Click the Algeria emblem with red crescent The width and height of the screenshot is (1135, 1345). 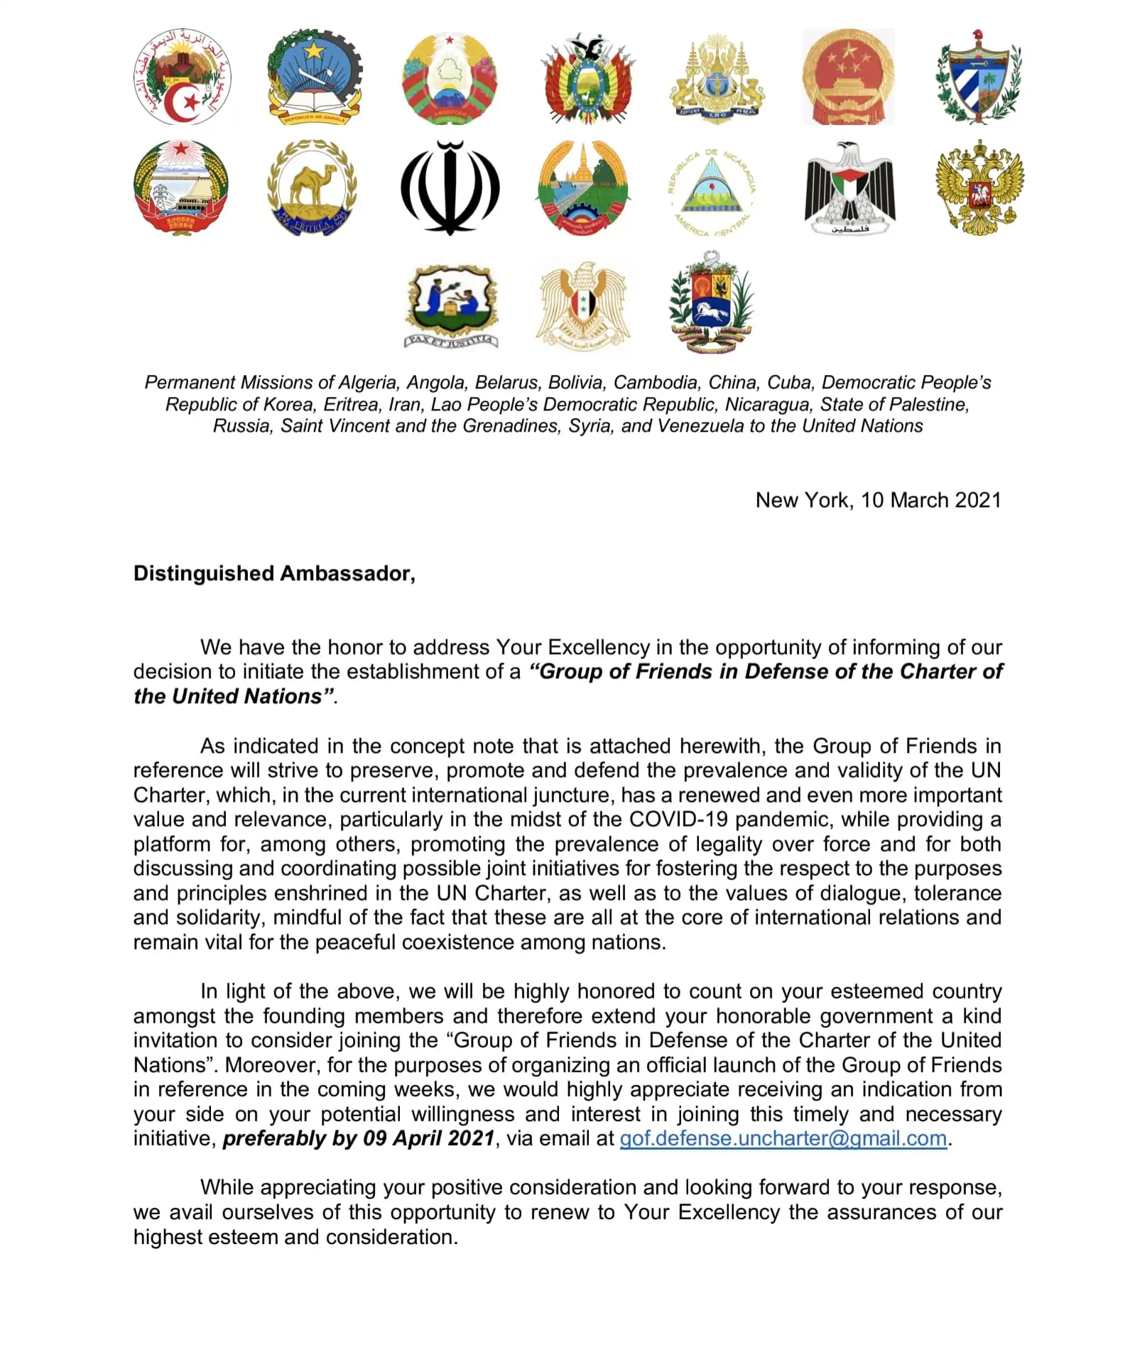(x=182, y=77)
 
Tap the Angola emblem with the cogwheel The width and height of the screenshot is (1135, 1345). (x=315, y=77)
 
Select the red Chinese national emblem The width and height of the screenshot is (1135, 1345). (x=848, y=77)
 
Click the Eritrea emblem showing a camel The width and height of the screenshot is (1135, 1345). (x=313, y=188)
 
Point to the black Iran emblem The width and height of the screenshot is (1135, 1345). (x=450, y=188)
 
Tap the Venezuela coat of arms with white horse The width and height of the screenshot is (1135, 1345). (x=712, y=302)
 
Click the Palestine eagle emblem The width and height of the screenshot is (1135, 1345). (x=849, y=188)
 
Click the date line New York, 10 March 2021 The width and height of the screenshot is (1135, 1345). (x=878, y=500)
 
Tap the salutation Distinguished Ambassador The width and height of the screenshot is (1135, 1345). (x=274, y=573)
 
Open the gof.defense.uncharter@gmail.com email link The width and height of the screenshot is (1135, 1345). (x=783, y=1138)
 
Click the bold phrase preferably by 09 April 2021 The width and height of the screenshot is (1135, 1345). (x=359, y=1138)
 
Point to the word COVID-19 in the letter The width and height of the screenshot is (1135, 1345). (x=678, y=819)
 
